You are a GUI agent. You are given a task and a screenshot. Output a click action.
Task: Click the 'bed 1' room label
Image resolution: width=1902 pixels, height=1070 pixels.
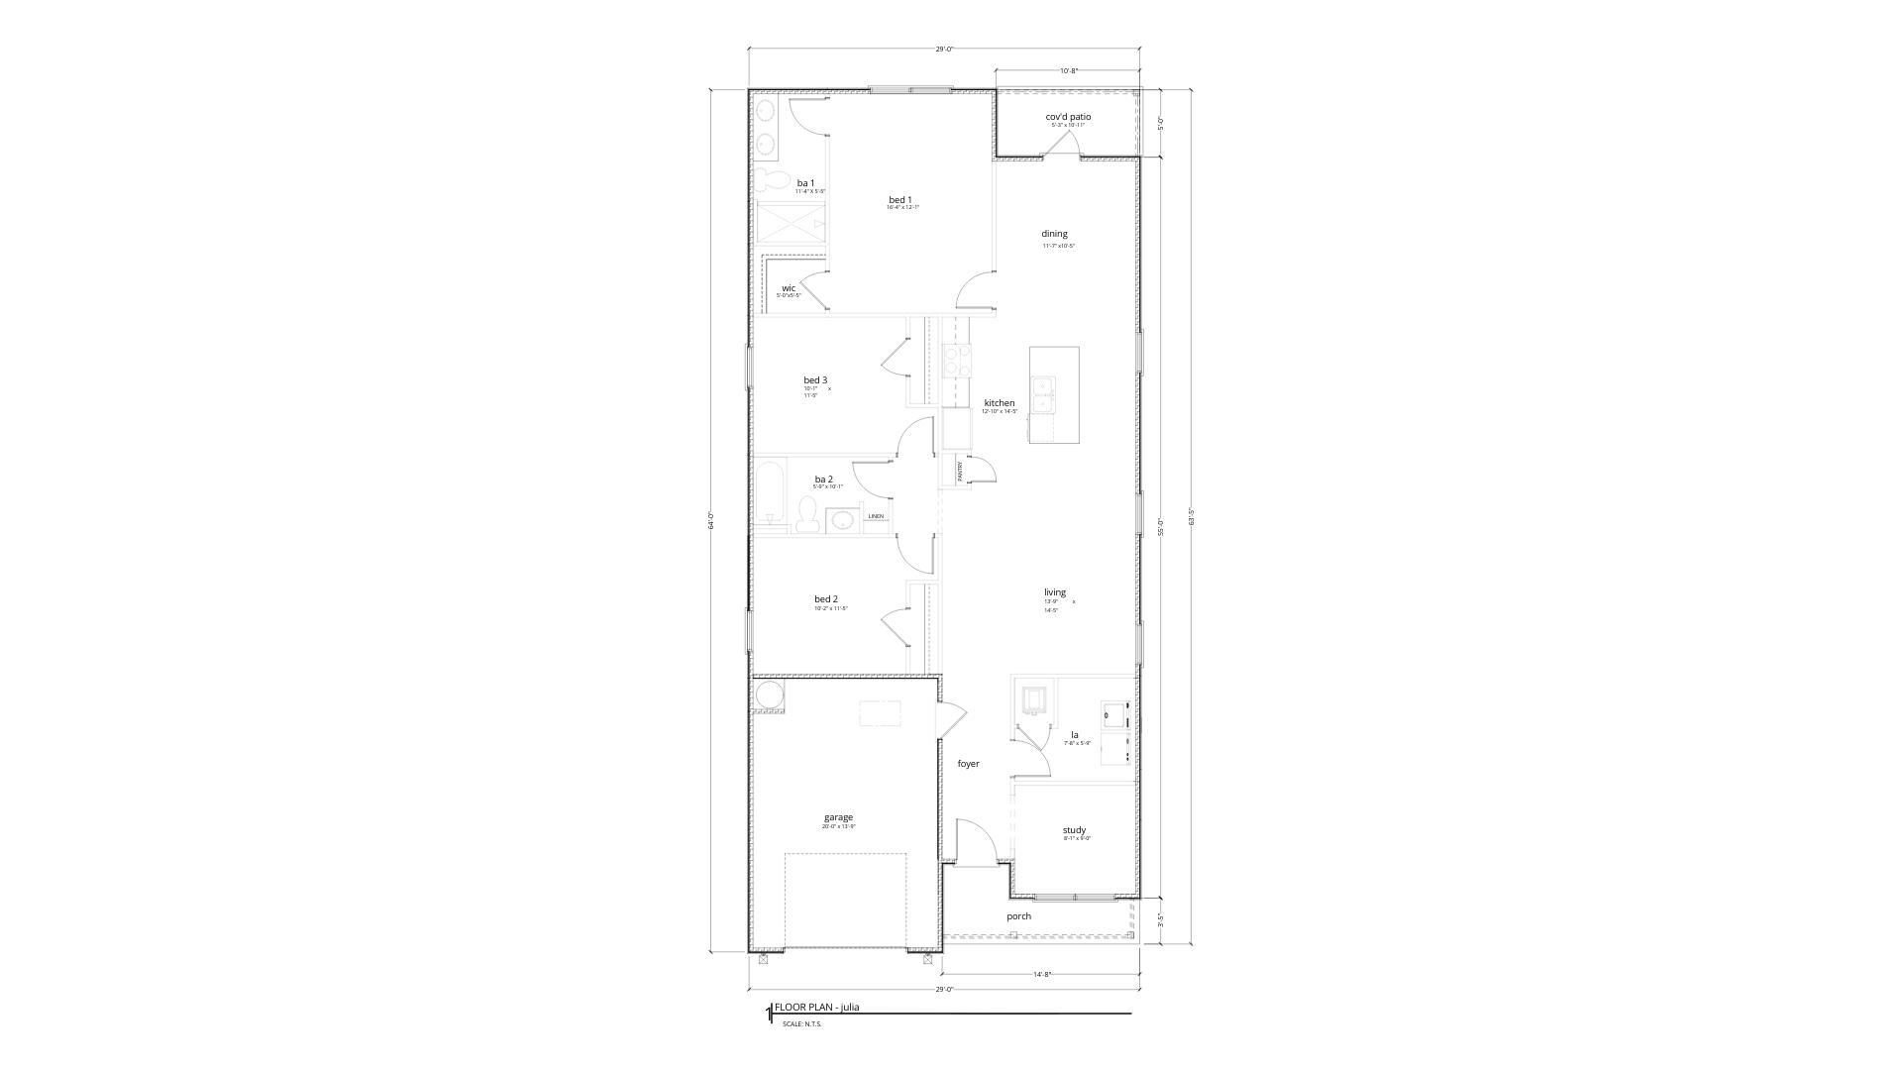(x=899, y=200)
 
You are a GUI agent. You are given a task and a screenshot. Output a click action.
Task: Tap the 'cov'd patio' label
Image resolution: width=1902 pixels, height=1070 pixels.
(x=1068, y=117)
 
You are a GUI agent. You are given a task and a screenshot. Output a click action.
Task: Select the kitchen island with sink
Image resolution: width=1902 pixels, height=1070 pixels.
(x=1053, y=394)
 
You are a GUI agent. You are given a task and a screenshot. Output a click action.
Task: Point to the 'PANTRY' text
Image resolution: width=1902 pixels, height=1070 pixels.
(x=960, y=472)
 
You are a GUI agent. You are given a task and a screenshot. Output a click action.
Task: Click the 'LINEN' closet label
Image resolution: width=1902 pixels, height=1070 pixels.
(x=876, y=516)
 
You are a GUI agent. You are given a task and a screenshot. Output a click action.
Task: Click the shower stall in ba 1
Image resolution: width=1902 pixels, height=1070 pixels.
(x=790, y=225)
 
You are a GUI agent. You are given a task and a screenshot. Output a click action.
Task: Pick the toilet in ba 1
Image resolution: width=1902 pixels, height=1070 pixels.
(x=769, y=181)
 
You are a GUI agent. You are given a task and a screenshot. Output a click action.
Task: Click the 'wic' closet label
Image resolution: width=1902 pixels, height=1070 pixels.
(x=789, y=288)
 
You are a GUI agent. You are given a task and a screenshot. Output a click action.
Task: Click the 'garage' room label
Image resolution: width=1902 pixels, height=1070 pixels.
(x=838, y=817)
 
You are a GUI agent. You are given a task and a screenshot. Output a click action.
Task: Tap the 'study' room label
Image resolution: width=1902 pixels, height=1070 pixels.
(x=1074, y=830)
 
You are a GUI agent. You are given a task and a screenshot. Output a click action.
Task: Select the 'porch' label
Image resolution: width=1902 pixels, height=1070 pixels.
(x=1018, y=916)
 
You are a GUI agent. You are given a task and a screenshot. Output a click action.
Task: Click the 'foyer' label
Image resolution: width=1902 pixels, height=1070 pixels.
(x=968, y=764)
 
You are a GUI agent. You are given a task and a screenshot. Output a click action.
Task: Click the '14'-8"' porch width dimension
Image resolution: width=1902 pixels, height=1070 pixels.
(x=1041, y=975)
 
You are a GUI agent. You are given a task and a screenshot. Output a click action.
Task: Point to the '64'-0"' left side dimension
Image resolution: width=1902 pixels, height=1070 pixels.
(x=711, y=520)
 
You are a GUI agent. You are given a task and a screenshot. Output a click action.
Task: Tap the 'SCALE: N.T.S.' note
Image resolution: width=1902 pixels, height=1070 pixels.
(x=801, y=1024)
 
